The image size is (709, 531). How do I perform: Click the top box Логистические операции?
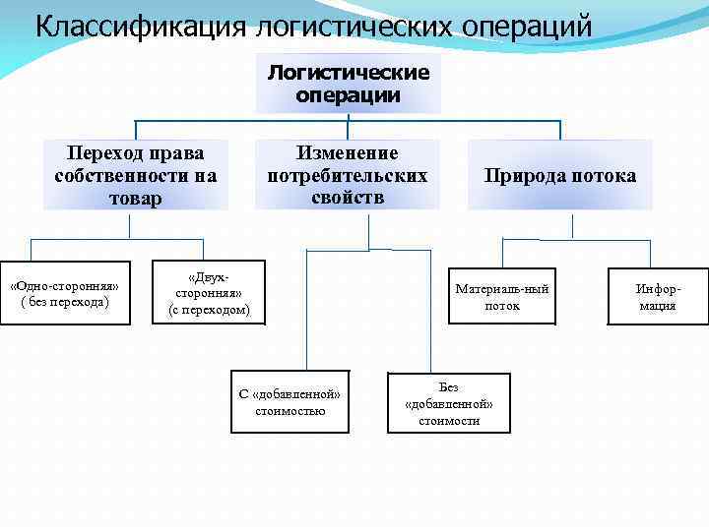(349, 84)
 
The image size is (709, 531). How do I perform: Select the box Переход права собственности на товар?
(136, 175)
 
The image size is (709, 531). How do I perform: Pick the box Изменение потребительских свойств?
(348, 175)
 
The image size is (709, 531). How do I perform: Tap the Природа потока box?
(559, 175)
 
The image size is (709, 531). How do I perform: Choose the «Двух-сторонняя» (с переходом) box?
(210, 294)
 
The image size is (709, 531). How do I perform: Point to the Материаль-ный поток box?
(502, 296)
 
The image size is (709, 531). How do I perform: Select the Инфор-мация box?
(658, 296)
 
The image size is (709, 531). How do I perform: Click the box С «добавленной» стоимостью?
(290, 402)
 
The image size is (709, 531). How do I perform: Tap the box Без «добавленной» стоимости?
(449, 402)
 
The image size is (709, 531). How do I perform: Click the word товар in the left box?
(136, 198)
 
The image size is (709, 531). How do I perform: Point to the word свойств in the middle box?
(348, 197)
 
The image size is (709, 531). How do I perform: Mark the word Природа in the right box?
(522, 176)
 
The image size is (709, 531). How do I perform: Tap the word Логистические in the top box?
(349, 74)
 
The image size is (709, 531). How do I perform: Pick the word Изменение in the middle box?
(348, 153)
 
